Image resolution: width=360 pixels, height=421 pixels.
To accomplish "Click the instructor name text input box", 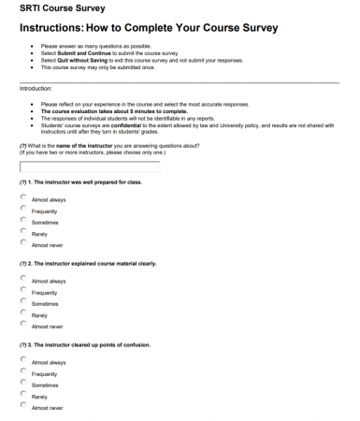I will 90,167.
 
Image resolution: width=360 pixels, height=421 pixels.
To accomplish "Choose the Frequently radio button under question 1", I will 23,210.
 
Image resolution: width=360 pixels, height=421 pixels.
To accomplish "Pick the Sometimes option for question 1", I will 23,221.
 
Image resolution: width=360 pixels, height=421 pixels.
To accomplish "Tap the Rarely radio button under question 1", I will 23,232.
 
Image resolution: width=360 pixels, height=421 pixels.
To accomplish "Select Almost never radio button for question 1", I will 23,243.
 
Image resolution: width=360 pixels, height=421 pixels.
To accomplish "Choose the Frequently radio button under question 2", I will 23,291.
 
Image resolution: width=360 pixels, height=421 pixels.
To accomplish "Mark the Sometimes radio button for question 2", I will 23,302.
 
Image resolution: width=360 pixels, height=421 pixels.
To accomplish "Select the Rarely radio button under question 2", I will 23,313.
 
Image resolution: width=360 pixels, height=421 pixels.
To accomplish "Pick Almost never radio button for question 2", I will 23,325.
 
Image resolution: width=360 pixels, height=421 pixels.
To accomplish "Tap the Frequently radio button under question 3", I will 23,372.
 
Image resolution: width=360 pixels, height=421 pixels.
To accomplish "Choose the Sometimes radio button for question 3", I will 23,384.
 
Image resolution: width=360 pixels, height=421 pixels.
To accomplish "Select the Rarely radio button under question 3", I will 23,395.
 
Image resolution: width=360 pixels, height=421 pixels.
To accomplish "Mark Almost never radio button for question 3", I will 23,406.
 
